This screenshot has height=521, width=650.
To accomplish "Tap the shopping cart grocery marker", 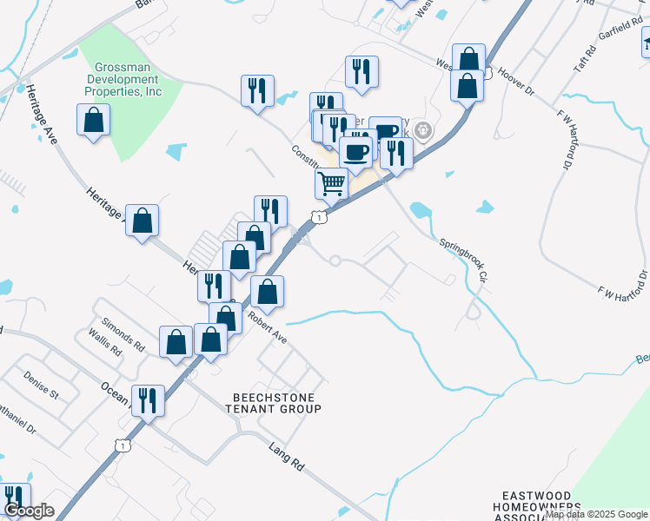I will coord(331,183).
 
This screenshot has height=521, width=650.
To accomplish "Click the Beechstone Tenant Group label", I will coord(275,402).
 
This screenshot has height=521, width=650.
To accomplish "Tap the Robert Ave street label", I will coord(267,323).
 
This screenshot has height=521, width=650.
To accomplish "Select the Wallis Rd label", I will coord(103,347).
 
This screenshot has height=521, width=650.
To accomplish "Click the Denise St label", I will coord(41,387).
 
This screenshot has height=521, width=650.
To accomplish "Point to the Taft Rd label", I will coord(592,59).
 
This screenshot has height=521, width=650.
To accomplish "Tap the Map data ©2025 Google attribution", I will coord(597,514).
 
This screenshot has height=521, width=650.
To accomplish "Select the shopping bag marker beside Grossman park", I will coord(93,120).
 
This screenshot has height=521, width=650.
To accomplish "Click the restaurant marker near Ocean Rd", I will coord(148,400).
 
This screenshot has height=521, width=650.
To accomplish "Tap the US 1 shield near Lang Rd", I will coord(123,445).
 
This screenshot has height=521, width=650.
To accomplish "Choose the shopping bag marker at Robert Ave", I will coord(268,292).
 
